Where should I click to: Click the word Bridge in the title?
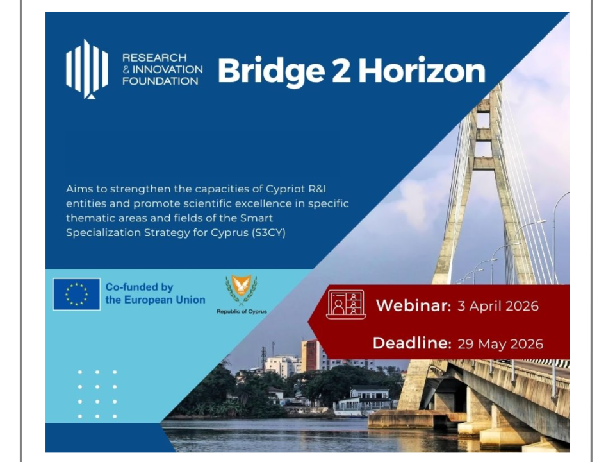point(271,71)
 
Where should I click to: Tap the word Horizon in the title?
point(422,71)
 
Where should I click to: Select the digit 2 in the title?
point(341,71)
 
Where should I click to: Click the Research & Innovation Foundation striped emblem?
point(86,69)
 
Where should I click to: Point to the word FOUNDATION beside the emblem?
point(160,81)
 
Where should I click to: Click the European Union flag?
point(76,295)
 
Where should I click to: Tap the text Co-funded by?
point(139,287)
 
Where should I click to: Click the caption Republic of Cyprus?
point(242,312)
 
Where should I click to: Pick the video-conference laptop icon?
point(346,304)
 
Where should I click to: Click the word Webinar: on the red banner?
point(413,305)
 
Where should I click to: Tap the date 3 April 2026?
point(498,306)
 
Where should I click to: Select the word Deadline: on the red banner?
point(412,343)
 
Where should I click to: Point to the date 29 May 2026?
point(500,344)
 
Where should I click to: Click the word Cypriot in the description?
point(286,189)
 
